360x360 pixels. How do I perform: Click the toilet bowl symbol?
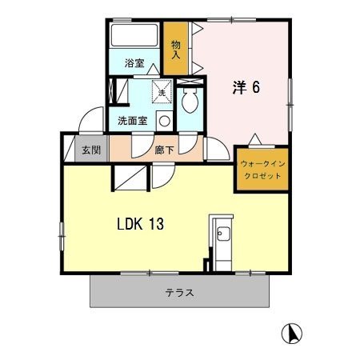(190, 101)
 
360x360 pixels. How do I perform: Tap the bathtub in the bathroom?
(134, 36)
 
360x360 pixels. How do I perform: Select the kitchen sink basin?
(223, 234)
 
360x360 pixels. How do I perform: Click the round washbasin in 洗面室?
(165, 122)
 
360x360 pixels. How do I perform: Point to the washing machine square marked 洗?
(162, 91)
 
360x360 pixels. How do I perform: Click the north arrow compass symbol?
(292, 334)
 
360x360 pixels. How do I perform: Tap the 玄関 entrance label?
(91, 150)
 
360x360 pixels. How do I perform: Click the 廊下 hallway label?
(164, 150)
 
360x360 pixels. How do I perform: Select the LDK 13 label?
(141, 224)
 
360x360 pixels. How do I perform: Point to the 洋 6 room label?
(246, 87)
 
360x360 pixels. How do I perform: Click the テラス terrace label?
(179, 293)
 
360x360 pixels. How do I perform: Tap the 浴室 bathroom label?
(134, 63)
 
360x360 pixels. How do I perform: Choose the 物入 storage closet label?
(176, 50)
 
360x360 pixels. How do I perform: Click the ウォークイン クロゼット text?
(262, 170)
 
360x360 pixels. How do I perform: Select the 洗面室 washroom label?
(133, 121)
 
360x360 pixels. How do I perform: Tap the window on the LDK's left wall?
(62, 236)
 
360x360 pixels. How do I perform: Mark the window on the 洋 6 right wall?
(290, 105)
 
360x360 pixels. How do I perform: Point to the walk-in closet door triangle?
(255, 138)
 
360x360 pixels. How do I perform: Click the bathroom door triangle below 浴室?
(154, 69)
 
